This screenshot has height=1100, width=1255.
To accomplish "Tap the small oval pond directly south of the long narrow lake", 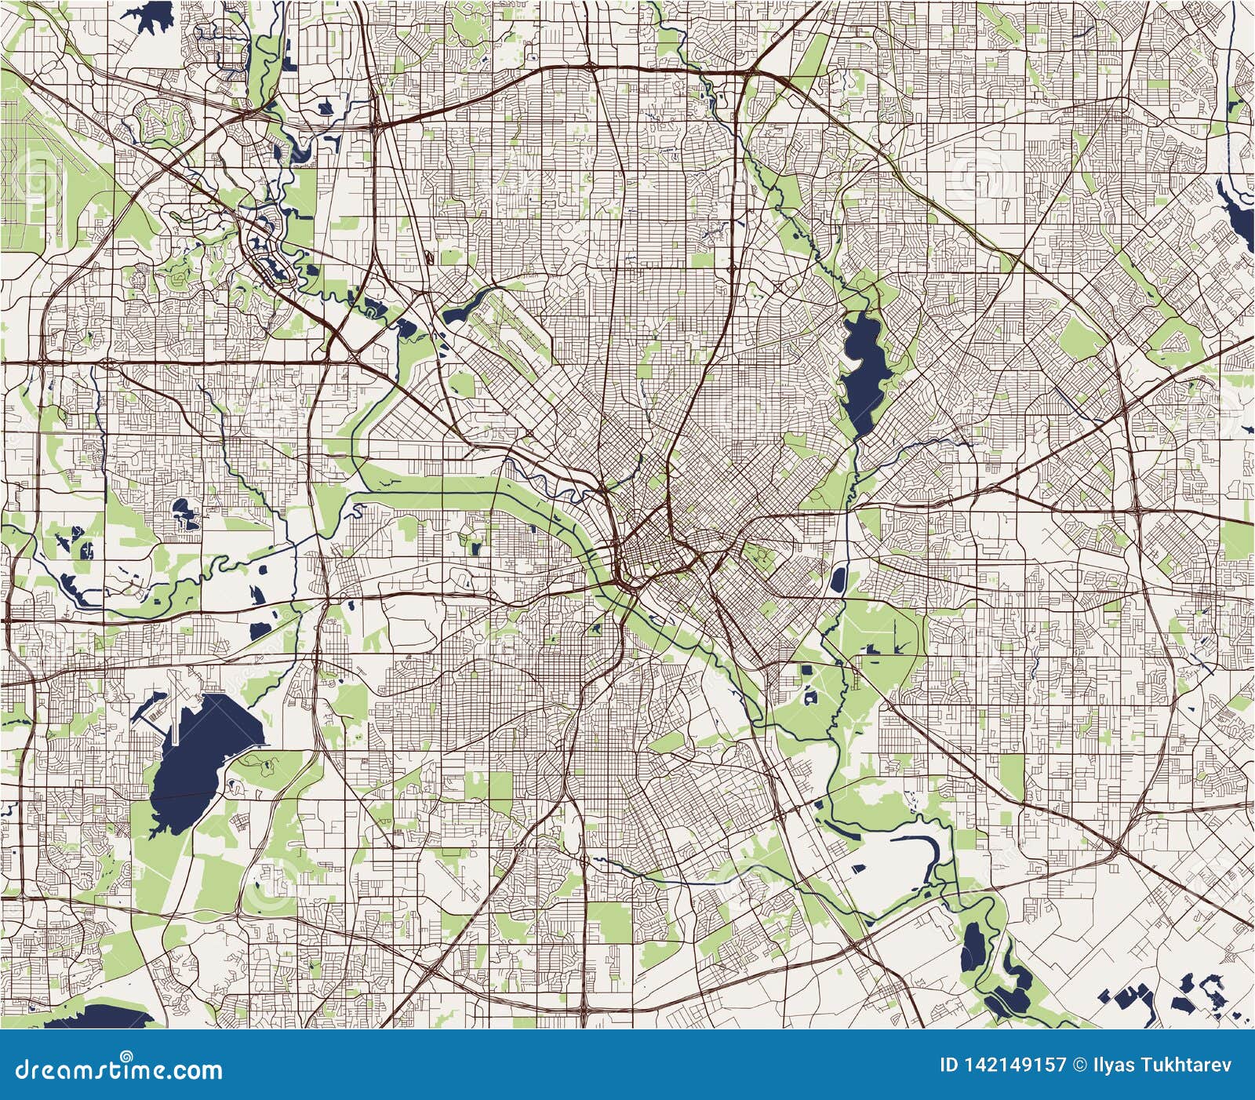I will (x=837, y=580).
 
